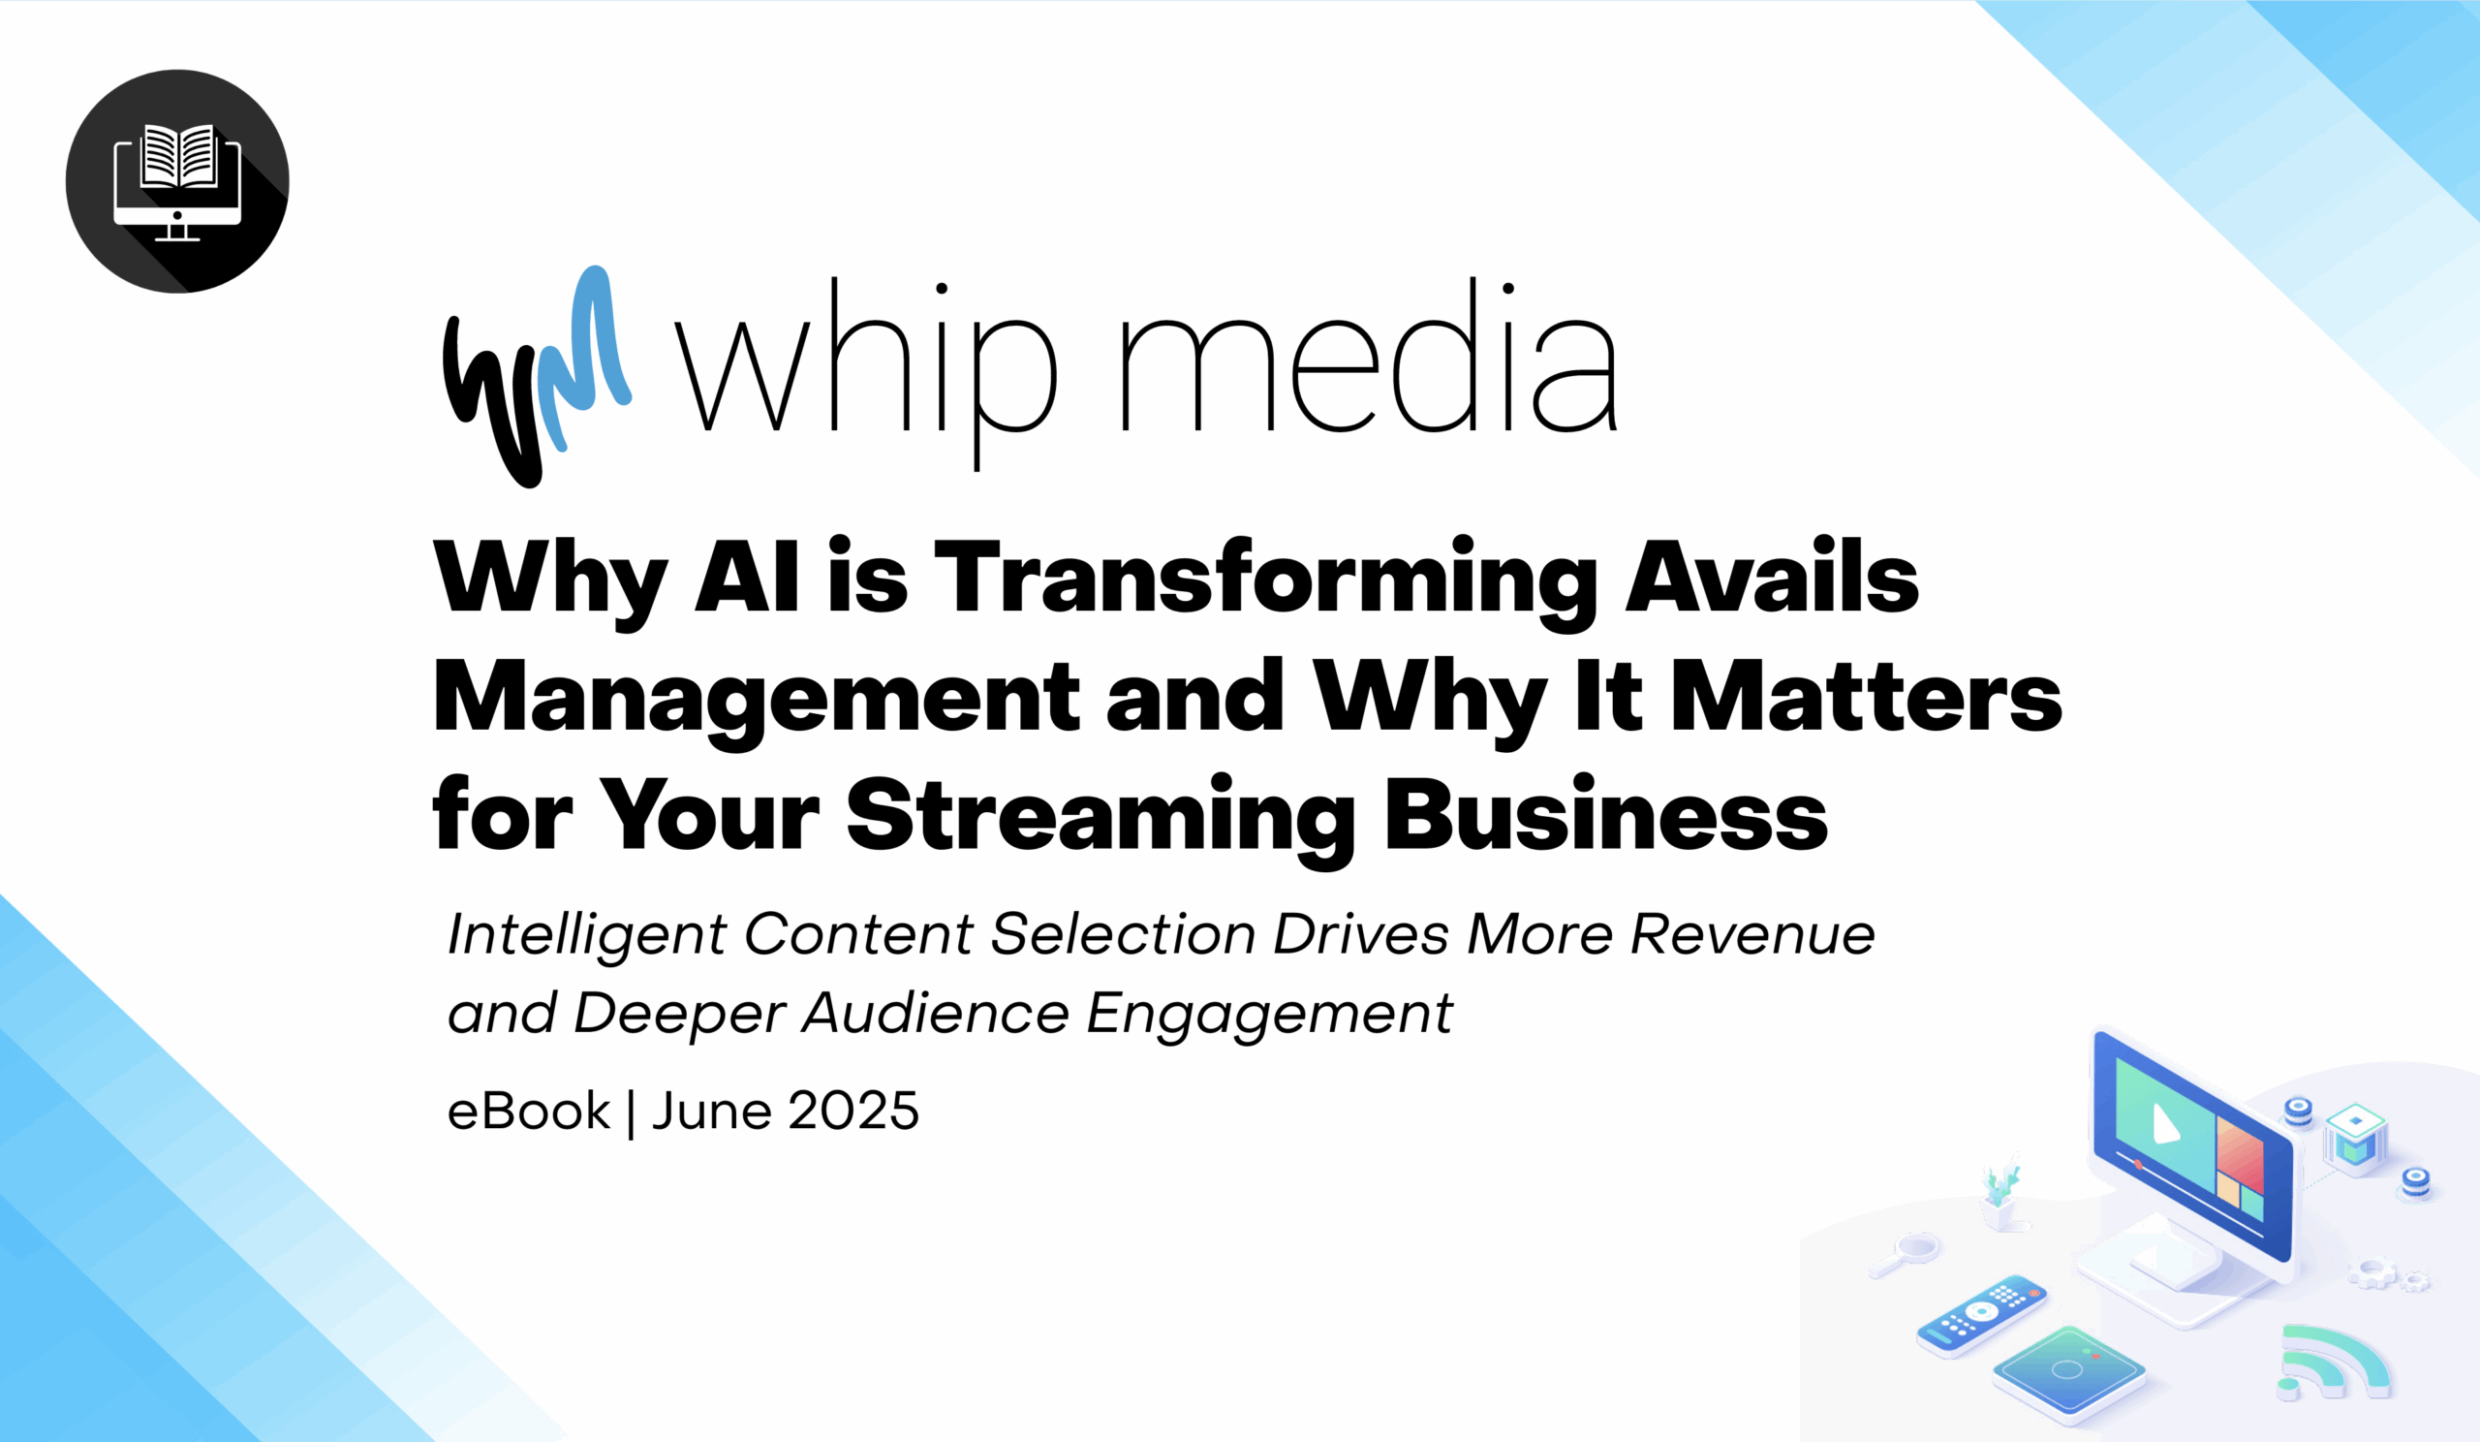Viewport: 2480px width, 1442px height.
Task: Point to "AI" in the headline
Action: point(746,577)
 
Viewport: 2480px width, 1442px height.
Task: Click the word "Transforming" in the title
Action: point(1264,582)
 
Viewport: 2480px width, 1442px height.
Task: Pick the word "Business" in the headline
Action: point(1606,814)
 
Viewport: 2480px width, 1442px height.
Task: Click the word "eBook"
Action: point(529,1112)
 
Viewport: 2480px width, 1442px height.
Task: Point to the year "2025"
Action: point(853,1112)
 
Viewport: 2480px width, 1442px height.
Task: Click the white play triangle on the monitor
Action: point(2166,1123)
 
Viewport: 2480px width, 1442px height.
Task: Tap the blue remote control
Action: point(1982,1316)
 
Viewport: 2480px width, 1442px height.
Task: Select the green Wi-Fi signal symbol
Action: point(2333,1363)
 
